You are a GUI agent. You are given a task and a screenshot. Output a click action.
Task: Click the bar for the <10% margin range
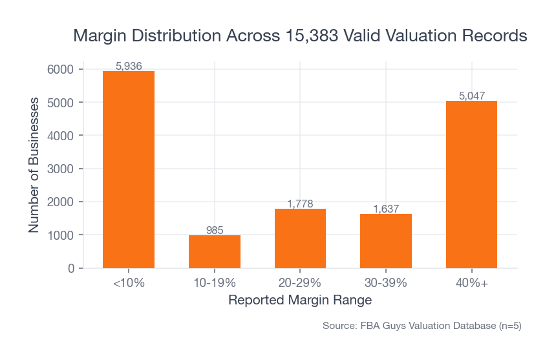[129, 169]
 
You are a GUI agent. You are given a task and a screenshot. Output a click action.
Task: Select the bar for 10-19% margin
[215, 251]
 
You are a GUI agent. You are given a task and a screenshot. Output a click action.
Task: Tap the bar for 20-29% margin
[300, 238]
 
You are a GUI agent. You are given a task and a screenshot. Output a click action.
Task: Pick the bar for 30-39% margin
[386, 240]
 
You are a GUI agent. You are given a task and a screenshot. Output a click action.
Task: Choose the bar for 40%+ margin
[471, 184]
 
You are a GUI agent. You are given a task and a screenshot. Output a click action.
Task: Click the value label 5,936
[129, 66]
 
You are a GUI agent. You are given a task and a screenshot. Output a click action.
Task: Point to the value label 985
[215, 230]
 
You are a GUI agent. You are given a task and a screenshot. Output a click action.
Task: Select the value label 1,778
[300, 204]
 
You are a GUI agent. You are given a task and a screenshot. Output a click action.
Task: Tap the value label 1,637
[386, 209]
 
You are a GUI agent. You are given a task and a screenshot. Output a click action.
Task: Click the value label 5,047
[471, 96]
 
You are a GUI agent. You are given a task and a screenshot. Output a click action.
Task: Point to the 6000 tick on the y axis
[65, 69]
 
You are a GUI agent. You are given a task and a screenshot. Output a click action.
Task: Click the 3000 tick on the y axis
[65, 169]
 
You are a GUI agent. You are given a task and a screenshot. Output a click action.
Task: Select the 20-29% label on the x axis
[300, 283]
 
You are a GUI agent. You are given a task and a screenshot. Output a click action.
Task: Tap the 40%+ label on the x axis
[471, 283]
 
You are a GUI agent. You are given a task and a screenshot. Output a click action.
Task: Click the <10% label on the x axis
[129, 283]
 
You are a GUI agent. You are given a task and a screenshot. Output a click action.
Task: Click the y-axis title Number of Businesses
[34, 165]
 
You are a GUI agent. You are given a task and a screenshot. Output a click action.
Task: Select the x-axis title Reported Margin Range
[300, 301]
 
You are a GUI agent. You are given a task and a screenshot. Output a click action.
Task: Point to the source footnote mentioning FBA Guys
[422, 326]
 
